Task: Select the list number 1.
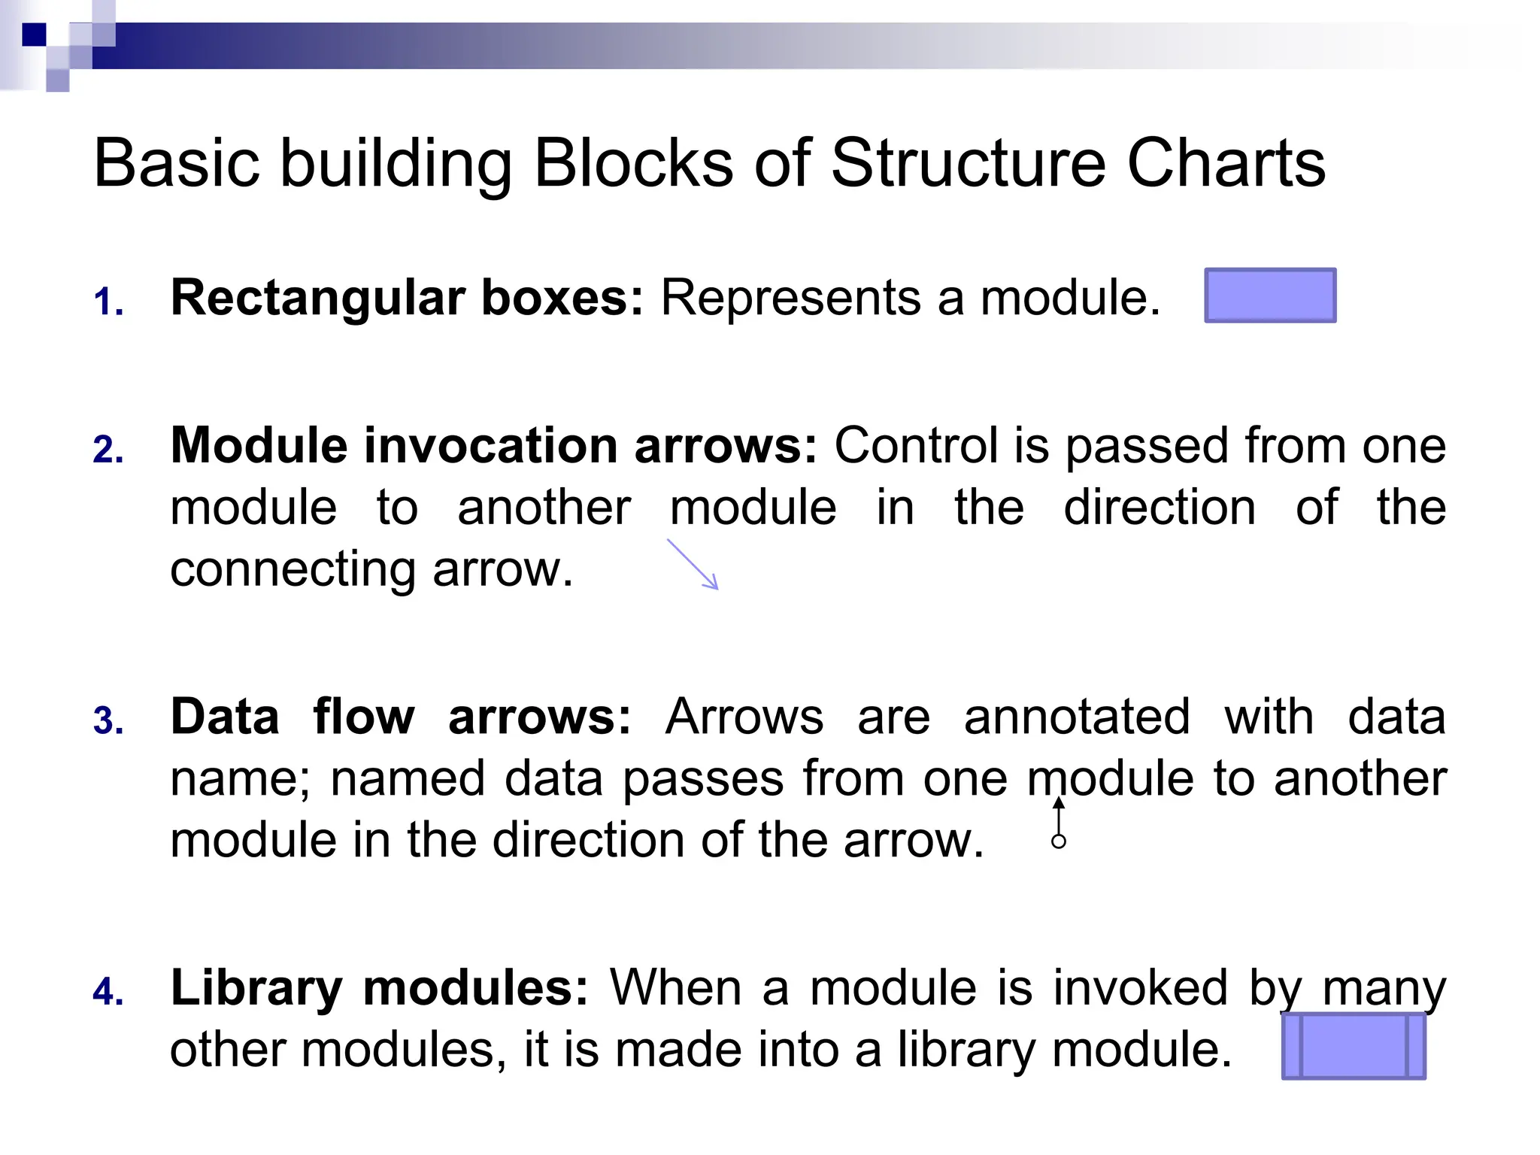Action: [108, 302]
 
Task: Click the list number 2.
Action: [108, 450]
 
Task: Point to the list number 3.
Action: [108, 720]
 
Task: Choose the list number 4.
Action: [108, 992]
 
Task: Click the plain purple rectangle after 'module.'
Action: [1270, 296]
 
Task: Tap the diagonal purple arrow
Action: [693, 564]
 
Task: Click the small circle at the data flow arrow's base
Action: [1059, 841]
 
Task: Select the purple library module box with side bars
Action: [1354, 1046]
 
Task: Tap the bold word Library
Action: [256, 988]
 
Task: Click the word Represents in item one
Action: [790, 299]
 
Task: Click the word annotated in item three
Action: [1077, 717]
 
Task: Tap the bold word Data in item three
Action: [225, 717]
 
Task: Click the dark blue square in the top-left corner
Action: [35, 35]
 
